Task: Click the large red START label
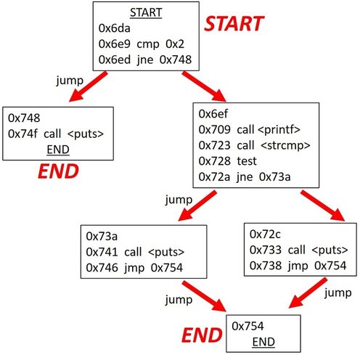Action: click(234, 24)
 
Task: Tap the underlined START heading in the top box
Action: click(146, 12)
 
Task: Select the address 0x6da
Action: click(114, 28)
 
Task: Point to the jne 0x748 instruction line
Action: click(145, 60)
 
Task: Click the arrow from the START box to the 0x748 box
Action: click(88, 86)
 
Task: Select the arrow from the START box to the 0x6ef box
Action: click(204, 86)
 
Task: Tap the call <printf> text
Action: click(269, 130)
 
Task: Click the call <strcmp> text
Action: click(274, 145)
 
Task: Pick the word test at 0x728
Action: click(247, 161)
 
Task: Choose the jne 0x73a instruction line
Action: click(245, 177)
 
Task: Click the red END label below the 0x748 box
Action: click(58, 171)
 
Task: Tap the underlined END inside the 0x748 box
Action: click(58, 150)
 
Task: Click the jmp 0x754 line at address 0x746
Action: click(134, 268)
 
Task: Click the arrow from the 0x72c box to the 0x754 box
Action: click(308, 293)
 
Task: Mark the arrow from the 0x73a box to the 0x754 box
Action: click(204, 296)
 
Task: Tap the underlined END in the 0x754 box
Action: click(263, 342)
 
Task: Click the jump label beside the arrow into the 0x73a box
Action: click(179, 200)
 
